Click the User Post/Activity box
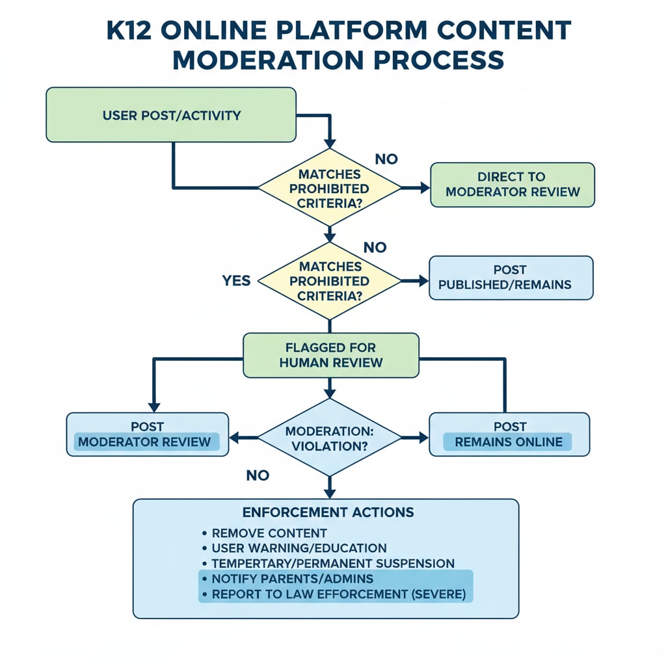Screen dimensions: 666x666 pos(171,116)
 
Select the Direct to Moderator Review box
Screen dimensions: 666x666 pos(512,185)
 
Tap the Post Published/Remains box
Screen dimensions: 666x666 pos(511,278)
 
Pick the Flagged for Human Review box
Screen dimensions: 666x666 pos(330,355)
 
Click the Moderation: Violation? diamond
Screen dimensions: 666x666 pos(330,438)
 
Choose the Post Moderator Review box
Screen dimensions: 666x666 pos(148,434)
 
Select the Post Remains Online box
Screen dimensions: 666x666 pos(509,434)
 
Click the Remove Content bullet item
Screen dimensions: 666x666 pos(269,533)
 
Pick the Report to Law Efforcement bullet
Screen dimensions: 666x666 pos(338,594)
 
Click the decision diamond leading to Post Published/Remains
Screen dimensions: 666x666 pos(330,281)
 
